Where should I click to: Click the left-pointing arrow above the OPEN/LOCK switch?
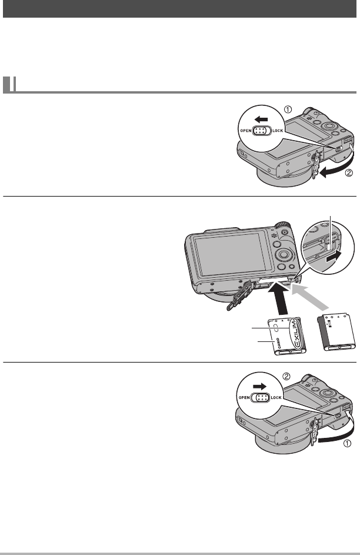(x=261, y=119)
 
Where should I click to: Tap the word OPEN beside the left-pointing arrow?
(x=246, y=131)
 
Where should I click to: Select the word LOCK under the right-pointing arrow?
(x=276, y=397)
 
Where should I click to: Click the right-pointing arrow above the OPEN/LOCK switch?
(x=260, y=387)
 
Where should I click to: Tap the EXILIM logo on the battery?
(x=294, y=333)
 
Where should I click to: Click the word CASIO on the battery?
(x=278, y=344)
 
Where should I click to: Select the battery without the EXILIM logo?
(x=336, y=332)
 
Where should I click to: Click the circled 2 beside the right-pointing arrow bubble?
(x=287, y=376)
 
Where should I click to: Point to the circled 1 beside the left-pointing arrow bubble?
(x=289, y=109)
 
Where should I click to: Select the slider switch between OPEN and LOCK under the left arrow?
(x=262, y=131)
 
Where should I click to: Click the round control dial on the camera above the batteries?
(x=284, y=254)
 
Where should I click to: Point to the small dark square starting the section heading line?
(x=6, y=85)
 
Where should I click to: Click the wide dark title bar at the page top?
(x=179, y=9)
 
